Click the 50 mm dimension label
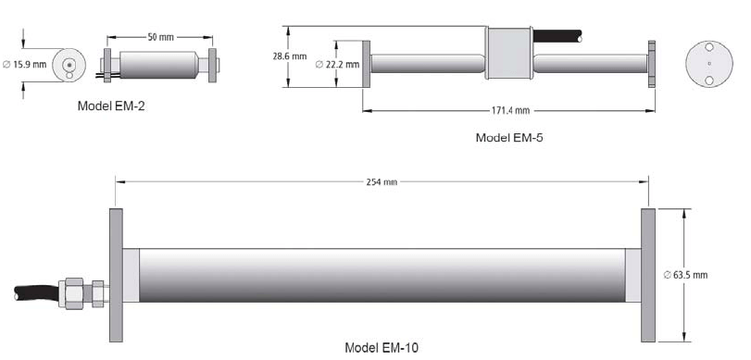[160, 37]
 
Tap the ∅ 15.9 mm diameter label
[25, 64]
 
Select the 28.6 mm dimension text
[290, 56]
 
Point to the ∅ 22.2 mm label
[337, 64]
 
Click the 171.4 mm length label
[510, 110]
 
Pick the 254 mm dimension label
[382, 182]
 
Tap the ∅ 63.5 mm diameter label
[685, 275]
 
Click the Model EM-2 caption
[111, 106]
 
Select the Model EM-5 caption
[509, 137]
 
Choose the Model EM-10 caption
[382, 347]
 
